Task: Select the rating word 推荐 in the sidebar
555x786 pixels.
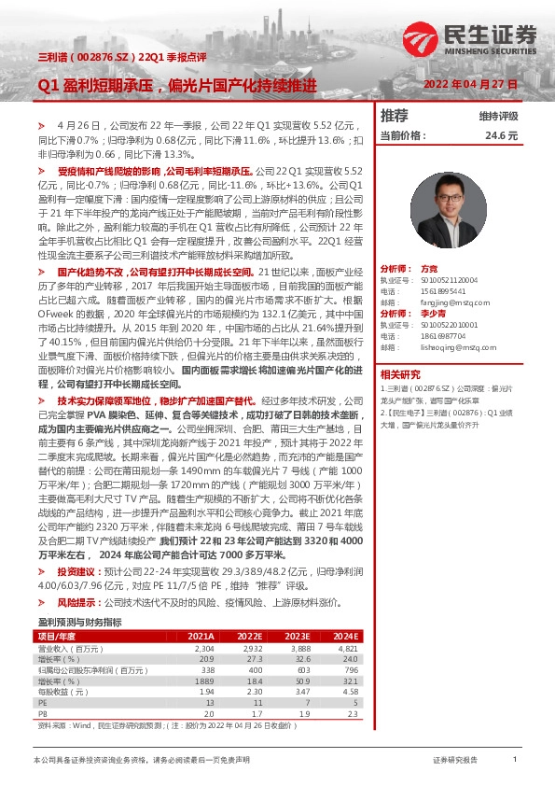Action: click(395, 116)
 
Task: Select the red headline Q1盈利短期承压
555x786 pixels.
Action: click(95, 85)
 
